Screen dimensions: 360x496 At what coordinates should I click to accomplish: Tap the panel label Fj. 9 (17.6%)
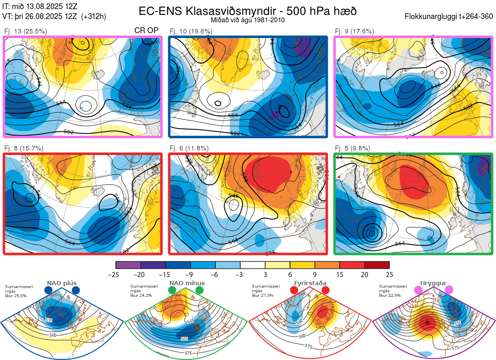click(x=354, y=31)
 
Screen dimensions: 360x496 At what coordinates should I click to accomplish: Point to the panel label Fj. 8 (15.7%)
click(x=24, y=148)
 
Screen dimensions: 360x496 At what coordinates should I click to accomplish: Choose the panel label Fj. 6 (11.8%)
click(x=189, y=148)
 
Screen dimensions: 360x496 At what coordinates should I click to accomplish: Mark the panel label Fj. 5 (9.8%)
click(x=353, y=148)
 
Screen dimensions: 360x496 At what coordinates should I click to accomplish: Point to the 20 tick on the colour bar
click(x=365, y=274)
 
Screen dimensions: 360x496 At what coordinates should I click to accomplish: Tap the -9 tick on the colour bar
click(x=190, y=274)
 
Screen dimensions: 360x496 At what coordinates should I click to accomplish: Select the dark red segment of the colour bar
click(x=377, y=265)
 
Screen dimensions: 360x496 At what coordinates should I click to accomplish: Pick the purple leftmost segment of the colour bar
click(x=128, y=265)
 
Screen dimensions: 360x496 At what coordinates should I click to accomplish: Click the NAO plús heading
click(x=62, y=283)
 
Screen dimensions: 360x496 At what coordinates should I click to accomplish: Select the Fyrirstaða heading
click(x=310, y=283)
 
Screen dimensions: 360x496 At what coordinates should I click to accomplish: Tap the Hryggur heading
click(x=434, y=283)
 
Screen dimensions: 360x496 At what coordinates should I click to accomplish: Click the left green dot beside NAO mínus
click(x=172, y=291)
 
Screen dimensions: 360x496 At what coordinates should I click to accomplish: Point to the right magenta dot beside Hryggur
click(x=449, y=290)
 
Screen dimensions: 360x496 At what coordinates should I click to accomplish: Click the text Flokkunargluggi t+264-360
click(x=450, y=17)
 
